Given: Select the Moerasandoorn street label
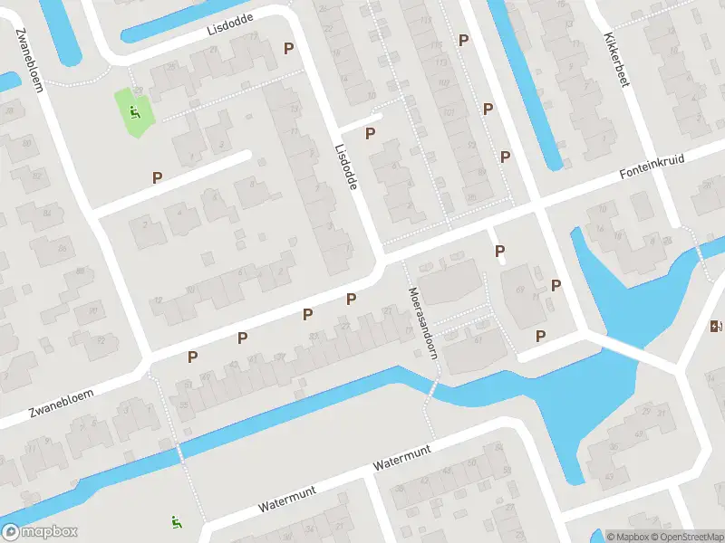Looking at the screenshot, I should [x=422, y=323].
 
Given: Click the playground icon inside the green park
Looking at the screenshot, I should [x=135, y=112].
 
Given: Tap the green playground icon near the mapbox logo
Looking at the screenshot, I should [x=176, y=521].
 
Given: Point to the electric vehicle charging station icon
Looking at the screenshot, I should [x=717, y=327].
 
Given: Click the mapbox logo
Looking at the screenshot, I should [x=40, y=532].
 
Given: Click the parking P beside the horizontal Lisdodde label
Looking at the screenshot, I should [x=289, y=48].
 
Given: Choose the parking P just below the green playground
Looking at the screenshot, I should [x=158, y=178].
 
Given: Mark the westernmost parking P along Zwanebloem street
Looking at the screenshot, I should [x=192, y=357].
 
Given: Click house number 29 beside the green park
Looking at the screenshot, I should [x=139, y=90].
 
